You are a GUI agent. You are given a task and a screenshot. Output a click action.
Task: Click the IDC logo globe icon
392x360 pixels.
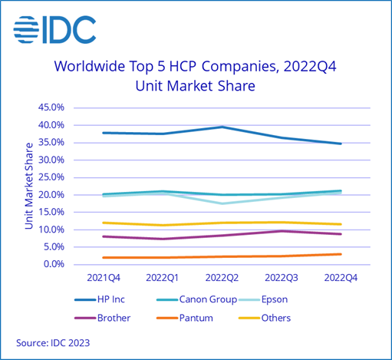click(28, 30)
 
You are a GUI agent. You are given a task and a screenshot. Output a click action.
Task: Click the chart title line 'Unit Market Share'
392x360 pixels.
click(195, 86)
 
